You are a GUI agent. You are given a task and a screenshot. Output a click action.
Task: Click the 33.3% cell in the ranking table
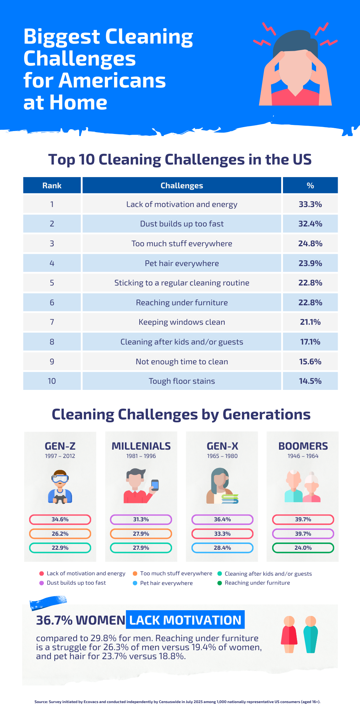point(310,204)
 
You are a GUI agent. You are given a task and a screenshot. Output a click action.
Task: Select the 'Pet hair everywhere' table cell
point(182,263)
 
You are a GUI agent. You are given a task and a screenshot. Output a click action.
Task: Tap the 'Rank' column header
point(52,185)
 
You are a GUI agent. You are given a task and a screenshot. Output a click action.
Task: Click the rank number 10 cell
point(52,381)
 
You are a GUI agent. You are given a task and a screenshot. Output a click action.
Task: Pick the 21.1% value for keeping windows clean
point(310,322)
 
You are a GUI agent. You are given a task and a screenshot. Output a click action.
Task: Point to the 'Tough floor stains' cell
point(182,381)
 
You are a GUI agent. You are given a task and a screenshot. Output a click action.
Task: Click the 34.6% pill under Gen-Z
point(60,519)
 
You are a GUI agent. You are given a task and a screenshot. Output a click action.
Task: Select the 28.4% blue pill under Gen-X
point(222,548)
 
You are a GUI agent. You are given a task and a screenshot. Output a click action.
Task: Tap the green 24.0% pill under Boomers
point(303,548)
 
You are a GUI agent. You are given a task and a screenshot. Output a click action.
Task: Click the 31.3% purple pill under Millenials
point(141,519)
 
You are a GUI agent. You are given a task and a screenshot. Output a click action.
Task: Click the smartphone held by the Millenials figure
point(155,485)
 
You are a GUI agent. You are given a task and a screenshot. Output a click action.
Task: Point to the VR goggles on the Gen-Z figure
point(60,479)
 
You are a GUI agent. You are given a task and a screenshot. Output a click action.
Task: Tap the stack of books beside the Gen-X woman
point(230,499)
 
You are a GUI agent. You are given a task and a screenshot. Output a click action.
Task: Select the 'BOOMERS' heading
point(303,446)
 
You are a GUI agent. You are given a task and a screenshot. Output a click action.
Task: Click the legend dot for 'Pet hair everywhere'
point(135,583)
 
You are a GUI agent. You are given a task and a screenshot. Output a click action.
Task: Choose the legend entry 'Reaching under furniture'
point(257,583)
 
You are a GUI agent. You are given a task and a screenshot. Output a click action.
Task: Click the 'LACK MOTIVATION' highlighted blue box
point(185,620)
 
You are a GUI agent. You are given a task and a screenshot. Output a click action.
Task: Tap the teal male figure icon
point(310,634)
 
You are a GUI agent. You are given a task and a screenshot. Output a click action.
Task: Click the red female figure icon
point(289,634)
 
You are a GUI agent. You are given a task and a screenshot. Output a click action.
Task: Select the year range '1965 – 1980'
point(222,456)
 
